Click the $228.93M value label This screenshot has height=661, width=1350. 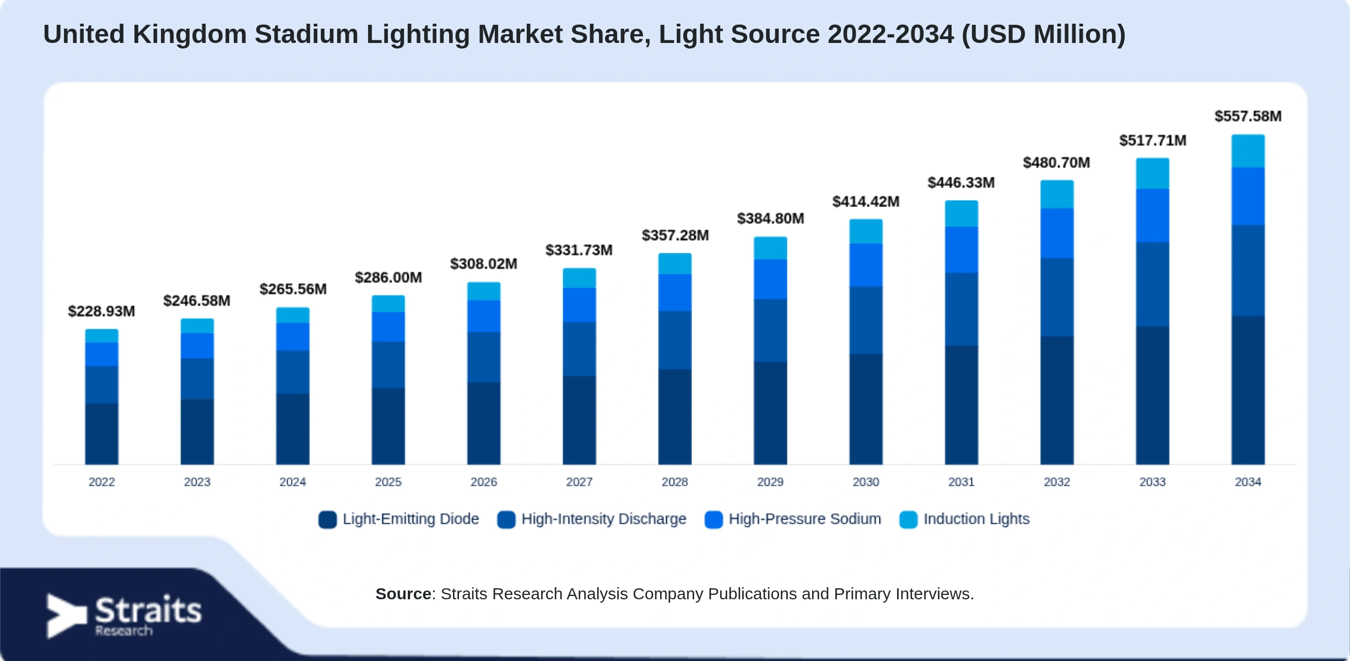101,311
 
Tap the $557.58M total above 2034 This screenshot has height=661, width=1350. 1248,116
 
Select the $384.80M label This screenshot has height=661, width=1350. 770,219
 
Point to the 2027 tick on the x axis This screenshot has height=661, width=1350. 579,482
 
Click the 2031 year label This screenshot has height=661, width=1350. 962,482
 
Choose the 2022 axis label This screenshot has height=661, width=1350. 101,482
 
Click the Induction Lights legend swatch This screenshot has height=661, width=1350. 908,519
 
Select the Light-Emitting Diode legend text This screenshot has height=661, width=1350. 411,519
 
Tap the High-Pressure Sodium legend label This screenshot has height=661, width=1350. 804,519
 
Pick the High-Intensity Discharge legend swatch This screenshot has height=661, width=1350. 506,519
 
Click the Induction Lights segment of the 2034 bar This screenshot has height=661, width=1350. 1248,151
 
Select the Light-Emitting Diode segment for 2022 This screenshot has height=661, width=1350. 101,434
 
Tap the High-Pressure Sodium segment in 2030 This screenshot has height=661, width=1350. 866,265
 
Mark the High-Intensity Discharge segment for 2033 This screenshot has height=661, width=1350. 1152,284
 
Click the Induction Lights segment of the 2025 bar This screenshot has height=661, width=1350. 388,304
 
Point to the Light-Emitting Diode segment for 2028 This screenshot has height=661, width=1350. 674,416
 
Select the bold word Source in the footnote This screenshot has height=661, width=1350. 403,594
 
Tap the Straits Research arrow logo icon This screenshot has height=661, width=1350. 66,616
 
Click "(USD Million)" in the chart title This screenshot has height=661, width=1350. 1043,35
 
